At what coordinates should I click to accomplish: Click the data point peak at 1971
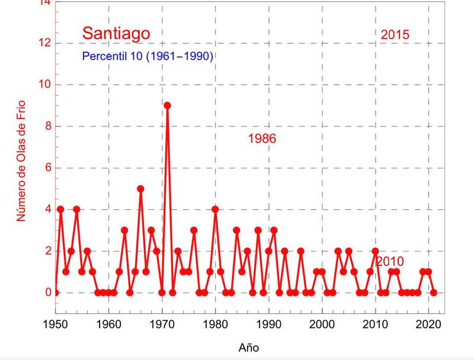pyautogui.click(x=167, y=106)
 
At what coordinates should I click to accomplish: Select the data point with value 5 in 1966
pyautogui.click(x=140, y=189)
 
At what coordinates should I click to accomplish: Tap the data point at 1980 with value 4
pyautogui.click(x=215, y=209)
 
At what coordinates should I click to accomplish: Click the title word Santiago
pyautogui.click(x=116, y=33)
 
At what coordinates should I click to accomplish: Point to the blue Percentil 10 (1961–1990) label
pyautogui.click(x=148, y=56)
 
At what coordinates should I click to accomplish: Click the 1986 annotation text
pyautogui.click(x=262, y=139)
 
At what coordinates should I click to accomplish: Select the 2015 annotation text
pyautogui.click(x=395, y=34)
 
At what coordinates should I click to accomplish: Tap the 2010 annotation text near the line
pyautogui.click(x=390, y=262)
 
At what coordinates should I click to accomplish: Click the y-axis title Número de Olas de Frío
pyautogui.click(x=21, y=161)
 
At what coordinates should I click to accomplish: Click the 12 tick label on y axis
pyautogui.click(x=42, y=43)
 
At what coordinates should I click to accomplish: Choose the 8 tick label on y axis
pyautogui.click(x=45, y=126)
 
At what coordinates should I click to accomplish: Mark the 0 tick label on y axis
pyautogui.click(x=45, y=292)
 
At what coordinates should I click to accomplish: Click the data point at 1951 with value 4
pyautogui.click(x=60, y=209)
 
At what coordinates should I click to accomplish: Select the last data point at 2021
pyautogui.click(x=434, y=292)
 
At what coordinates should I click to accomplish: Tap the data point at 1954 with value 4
pyautogui.click(x=76, y=209)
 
